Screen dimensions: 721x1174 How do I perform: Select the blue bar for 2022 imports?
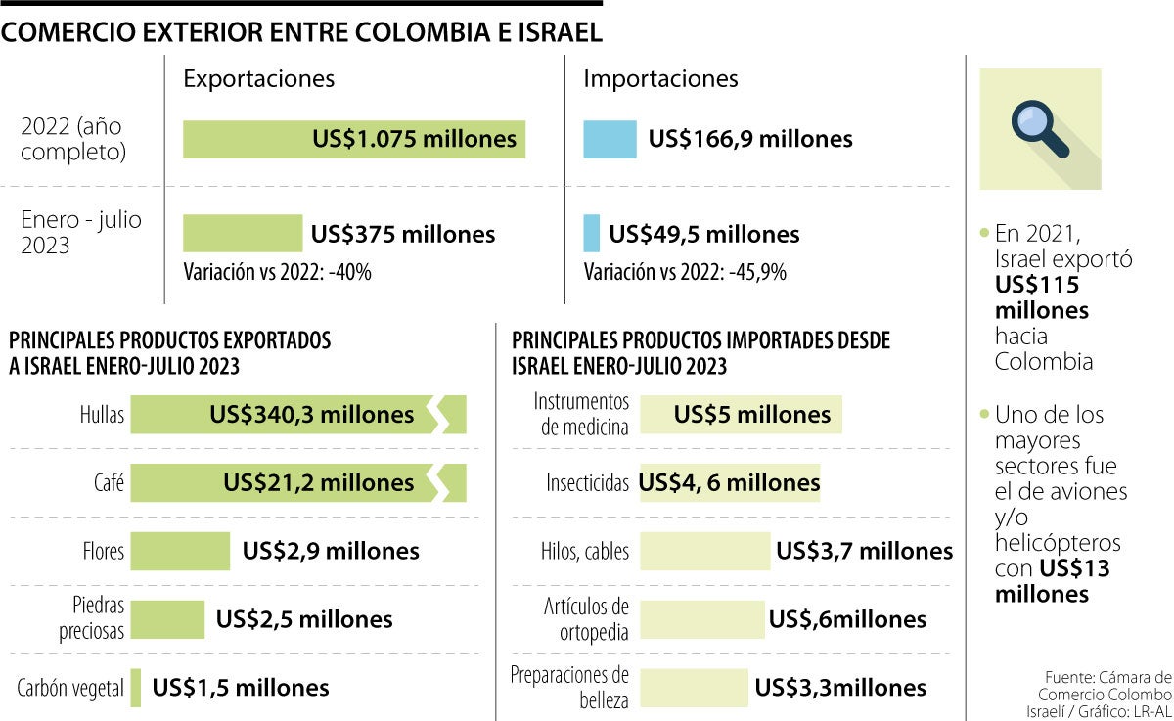click(x=610, y=139)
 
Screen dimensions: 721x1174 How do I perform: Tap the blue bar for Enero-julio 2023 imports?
click(x=591, y=234)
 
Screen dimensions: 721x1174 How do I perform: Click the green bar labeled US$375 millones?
click(x=243, y=234)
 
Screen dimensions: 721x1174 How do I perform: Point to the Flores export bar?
click(x=180, y=551)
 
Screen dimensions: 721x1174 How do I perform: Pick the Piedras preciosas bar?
click(x=167, y=619)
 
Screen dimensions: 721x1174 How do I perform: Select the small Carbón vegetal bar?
click(x=136, y=688)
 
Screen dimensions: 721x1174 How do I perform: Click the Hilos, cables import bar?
click(x=704, y=551)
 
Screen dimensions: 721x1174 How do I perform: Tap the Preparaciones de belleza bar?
click(x=694, y=688)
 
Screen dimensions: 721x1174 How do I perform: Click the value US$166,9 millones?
click(x=750, y=139)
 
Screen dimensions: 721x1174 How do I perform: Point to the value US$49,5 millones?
click(x=703, y=234)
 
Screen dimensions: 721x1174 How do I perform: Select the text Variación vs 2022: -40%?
click(x=277, y=272)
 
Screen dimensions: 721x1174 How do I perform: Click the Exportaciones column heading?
click(x=258, y=79)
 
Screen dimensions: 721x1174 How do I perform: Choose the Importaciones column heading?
click(x=660, y=79)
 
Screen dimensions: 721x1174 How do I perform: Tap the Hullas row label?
click(x=102, y=415)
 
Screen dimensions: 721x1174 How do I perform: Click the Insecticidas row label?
click(x=587, y=483)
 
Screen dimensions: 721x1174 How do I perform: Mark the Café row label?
click(x=109, y=483)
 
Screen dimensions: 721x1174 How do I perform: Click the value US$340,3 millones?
click(x=311, y=415)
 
